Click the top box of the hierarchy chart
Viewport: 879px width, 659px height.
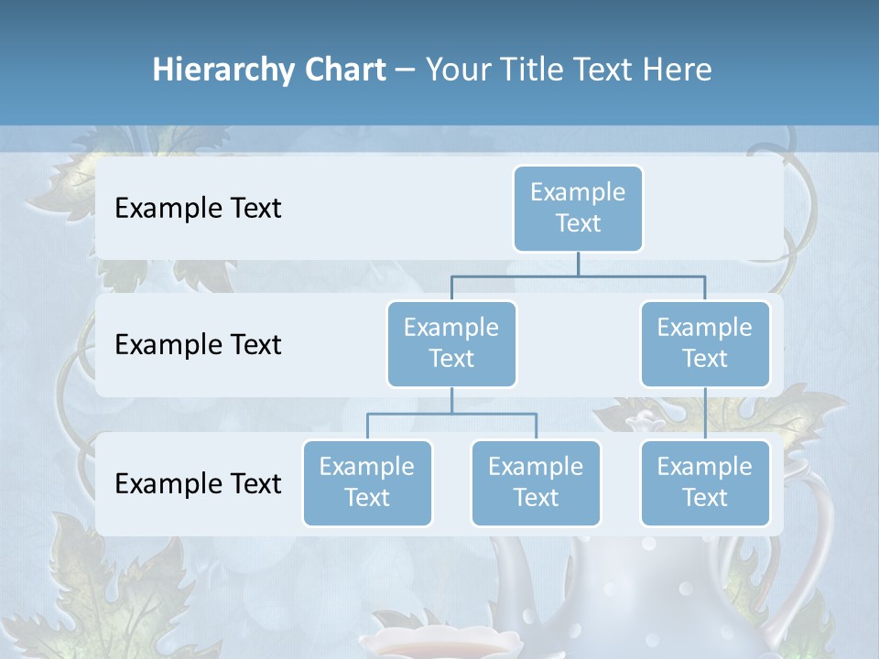point(578,209)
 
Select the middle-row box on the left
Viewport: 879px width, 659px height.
point(451,344)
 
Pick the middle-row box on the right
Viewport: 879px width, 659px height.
point(705,344)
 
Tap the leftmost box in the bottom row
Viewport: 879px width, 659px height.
point(367,483)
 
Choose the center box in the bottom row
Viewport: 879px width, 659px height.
point(536,483)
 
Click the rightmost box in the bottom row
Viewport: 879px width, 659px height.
point(705,483)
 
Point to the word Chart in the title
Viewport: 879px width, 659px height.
point(342,70)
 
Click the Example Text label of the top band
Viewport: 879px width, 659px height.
point(198,209)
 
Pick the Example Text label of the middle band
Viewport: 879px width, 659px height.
point(198,345)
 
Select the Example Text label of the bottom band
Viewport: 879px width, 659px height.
point(198,483)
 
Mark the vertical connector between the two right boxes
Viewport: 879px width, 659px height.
point(705,414)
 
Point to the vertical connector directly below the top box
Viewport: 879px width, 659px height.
point(578,264)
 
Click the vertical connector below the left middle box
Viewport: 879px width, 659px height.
point(451,400)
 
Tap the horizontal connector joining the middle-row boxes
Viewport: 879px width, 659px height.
point(578,275)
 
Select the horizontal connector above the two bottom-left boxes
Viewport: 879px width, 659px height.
point(451,414)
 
